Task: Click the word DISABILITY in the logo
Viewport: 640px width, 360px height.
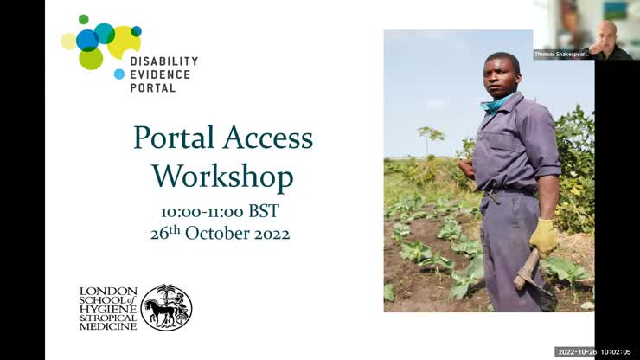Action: [163, 61]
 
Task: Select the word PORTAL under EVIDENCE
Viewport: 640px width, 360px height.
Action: [153, 87]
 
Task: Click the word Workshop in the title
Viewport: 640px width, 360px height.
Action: [222, 177]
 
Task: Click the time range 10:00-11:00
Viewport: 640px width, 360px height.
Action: [202, 212]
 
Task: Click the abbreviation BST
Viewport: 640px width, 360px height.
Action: [264, 212]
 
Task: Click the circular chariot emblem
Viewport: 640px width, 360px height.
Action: [166, 307]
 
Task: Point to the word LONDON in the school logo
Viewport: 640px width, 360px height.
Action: [108, 292]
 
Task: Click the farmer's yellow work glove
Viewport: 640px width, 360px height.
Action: [543, 235]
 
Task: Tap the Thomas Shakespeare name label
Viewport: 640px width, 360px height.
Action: [561, 54]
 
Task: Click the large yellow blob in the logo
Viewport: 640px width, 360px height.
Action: [125, 40]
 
